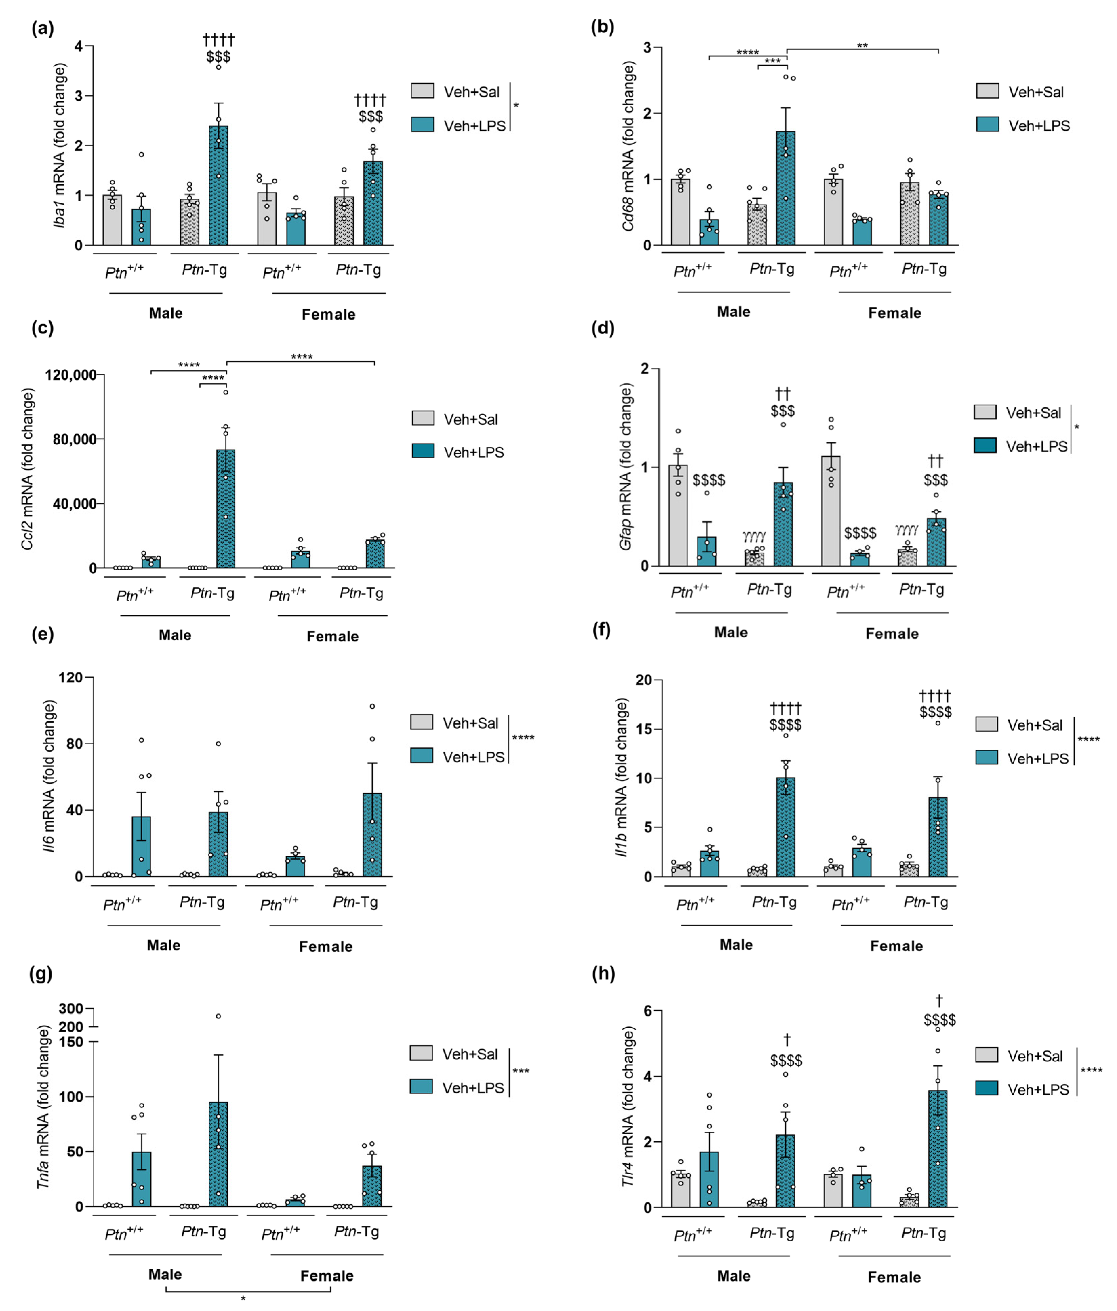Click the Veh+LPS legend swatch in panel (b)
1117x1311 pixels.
[x=987, y=125]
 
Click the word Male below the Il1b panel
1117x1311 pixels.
[x=736, y=945]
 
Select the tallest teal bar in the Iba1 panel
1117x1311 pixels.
[x=218, y=185]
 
